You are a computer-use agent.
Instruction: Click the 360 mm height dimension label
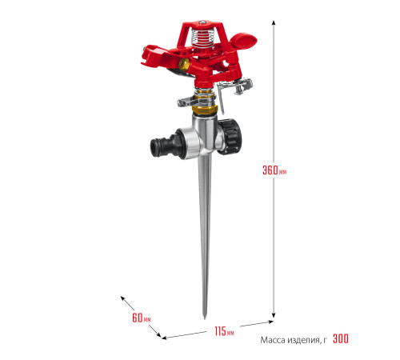tap(274, 170)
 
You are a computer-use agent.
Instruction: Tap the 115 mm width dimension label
tap(224, 331)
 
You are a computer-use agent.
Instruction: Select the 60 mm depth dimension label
tap(142, 318)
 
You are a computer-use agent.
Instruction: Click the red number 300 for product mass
tap(341, 338)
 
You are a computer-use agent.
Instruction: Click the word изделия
tap(304, 340)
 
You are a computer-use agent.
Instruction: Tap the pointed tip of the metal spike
tap(205, 318)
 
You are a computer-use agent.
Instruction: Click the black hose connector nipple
tap(163, 145)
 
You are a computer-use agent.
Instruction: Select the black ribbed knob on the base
tap(230, 137)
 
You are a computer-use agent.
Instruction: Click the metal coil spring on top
tap(202, 38)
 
